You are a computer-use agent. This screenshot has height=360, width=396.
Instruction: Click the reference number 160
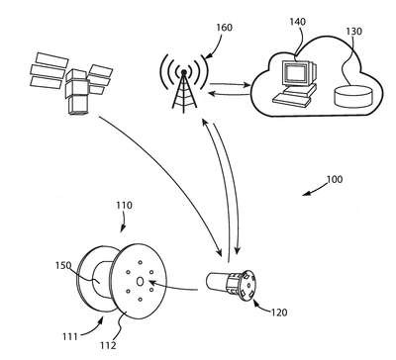point(225,28)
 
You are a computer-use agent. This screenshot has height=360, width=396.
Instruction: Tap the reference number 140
point(298,22)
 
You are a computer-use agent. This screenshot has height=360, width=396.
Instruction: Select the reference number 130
point(353,32)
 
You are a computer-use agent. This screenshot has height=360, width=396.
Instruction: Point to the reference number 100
point(335,180)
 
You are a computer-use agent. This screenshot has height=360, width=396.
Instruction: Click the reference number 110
point(124,206)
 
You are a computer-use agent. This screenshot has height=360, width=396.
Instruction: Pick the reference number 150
point(63,265)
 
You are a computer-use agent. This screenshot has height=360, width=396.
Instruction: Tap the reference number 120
point(279,313)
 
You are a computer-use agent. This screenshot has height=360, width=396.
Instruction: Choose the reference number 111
point(69,336)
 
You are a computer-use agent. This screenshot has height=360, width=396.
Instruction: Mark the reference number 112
point(108,345)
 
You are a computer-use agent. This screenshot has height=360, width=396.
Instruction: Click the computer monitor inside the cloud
point(298,73)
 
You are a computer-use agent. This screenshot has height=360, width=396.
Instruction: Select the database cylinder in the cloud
point(353,96)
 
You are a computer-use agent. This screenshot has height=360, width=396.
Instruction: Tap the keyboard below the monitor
point(293,99)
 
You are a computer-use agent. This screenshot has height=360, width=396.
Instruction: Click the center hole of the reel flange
point(140,282)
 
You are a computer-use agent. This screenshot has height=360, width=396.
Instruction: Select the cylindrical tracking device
point(231,284)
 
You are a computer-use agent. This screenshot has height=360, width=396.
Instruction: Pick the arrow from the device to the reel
point(173,287)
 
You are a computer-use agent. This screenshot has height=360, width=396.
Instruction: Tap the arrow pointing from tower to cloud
point(230,84)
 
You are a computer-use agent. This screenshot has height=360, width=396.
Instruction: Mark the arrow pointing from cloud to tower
point(229,95)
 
